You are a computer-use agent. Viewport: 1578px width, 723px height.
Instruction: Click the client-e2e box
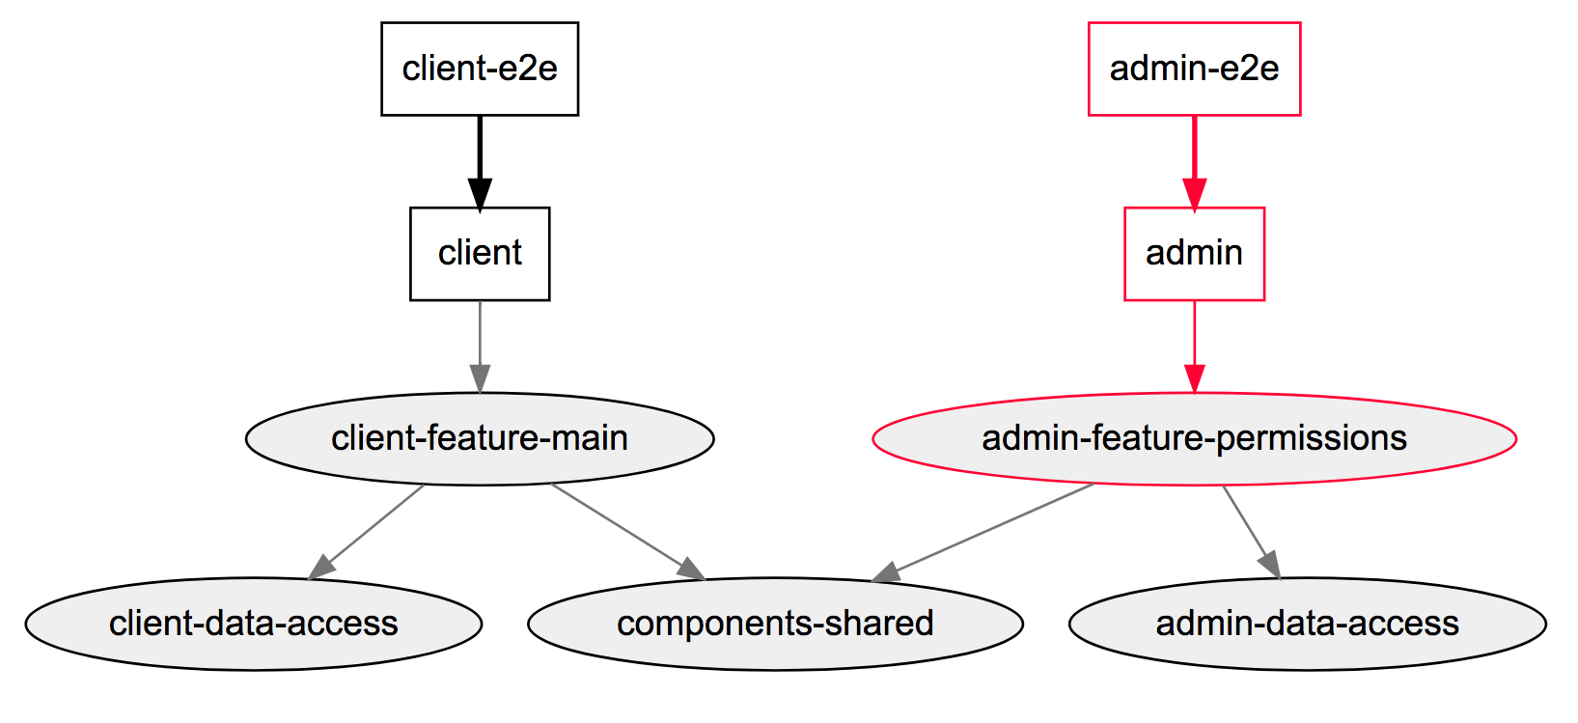(480, 69)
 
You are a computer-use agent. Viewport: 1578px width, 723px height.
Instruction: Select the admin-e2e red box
(1194, 69)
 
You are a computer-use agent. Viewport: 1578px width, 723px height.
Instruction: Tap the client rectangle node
(480, 253)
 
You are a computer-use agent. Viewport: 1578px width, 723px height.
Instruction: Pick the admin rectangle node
(1194, 253)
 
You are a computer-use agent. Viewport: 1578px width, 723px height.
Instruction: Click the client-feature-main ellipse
(480, 438)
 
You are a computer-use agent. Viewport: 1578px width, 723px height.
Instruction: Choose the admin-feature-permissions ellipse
(1194, 438)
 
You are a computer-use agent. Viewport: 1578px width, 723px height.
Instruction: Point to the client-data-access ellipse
(253, 624)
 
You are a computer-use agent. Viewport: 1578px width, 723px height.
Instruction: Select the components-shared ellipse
(775, 624)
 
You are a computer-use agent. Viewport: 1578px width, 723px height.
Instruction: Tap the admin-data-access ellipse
(1307, 624)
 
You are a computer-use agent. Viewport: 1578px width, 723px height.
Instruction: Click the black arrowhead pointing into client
(480, 193)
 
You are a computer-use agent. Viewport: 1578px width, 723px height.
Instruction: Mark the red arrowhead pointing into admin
(1195, 193)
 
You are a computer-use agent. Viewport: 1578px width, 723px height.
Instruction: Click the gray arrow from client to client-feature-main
(480, 338)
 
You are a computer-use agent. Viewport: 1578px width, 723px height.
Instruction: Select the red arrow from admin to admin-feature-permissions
(1195, 338)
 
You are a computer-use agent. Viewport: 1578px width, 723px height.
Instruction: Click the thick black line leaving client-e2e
(480, 145)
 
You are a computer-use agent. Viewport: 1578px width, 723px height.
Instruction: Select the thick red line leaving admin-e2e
(1195, 145)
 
